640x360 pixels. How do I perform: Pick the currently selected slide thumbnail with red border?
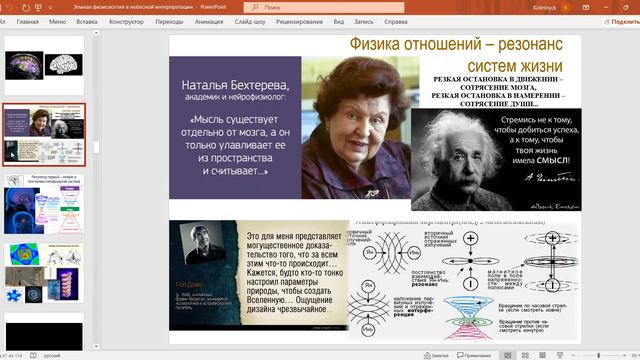coord(43,134)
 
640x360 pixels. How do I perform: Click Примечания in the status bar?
coord(477,354)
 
